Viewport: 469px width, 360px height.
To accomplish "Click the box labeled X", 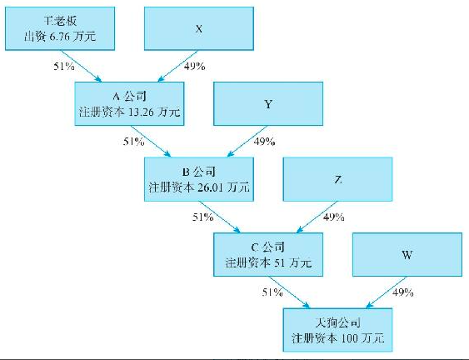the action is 199,28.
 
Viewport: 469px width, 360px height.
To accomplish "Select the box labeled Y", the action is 268,104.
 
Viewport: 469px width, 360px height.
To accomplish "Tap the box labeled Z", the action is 337,179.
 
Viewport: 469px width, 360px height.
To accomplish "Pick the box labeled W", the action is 407,255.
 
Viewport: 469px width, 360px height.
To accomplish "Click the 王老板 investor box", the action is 60,28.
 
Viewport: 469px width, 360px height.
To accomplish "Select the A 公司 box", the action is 129,104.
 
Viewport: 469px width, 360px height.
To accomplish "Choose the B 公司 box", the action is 199,179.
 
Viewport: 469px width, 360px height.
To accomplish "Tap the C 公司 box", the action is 268,255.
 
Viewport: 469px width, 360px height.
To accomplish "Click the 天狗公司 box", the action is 337,330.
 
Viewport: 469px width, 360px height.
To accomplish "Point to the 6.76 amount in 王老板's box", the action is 59,37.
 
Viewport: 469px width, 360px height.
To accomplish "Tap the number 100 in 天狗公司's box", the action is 349,338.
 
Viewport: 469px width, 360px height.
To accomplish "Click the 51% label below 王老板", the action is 64,66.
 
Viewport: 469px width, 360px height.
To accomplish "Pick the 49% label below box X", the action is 194,66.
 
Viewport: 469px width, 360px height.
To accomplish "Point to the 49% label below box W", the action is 403,292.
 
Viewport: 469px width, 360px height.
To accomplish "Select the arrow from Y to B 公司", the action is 247,141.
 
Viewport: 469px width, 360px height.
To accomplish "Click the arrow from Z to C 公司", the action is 317,217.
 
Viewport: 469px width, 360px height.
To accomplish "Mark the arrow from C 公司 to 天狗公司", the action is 289,292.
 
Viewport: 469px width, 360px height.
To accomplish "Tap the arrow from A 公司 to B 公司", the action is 151,141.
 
